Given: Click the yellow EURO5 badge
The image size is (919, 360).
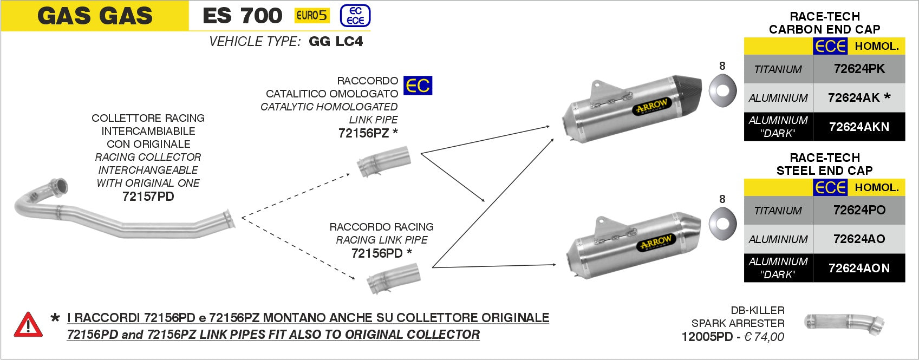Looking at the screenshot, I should [x=312, y=15].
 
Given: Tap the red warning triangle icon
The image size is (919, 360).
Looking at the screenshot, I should [x=28, y=325].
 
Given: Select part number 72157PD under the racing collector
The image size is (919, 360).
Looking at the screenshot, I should [x=148, y=197].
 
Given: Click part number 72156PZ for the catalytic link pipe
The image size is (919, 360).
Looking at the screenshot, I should [x=363, y=133].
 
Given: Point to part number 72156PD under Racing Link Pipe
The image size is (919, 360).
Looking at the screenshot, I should [x=377, y=253].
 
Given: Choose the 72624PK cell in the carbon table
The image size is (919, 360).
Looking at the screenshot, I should [x=859, y=69].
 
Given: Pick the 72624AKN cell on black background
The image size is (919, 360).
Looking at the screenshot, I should [x=859, y=127].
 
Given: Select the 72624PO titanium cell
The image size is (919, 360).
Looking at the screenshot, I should [x=859, y=210].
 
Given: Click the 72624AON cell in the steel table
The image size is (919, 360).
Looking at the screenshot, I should [x=859, y=268].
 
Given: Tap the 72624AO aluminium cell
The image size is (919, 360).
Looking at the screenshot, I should [x=859, y=239].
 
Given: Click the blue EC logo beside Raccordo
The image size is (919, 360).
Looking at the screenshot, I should [x=418, y=86].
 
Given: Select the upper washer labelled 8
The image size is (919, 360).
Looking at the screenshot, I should [x=722, y=90].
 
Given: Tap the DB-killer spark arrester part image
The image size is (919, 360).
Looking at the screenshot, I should [x=844, y=324].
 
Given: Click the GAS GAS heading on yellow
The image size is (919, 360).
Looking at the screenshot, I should [x=95, y=16].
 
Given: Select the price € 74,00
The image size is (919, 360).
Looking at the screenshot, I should [x=764, y=337].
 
